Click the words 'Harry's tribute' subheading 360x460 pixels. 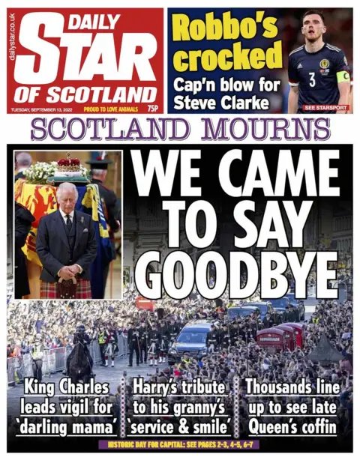coord(179,388)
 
